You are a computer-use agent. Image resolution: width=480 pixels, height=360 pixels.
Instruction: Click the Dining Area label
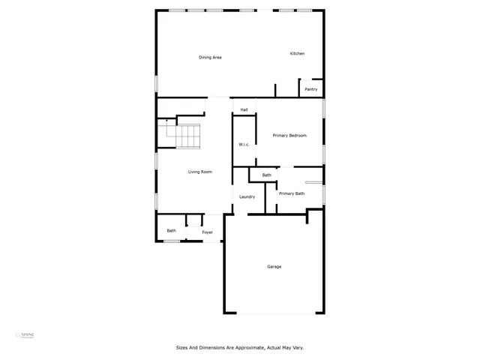(210, 57)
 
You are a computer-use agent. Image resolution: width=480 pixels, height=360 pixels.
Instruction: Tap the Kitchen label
(298, 53)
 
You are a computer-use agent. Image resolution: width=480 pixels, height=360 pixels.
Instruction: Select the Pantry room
(311, 89)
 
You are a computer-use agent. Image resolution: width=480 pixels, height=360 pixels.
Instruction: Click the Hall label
(244, 110)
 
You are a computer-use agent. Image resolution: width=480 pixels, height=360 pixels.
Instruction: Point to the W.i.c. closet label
(244, 144)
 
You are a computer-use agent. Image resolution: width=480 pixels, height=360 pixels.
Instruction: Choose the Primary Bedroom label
(289, 135)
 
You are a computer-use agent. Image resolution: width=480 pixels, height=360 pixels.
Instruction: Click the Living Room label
(199, 172)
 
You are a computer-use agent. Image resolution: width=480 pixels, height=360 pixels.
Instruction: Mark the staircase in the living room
(184, 137)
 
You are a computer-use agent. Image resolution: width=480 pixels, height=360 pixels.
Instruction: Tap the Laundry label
(247, 196)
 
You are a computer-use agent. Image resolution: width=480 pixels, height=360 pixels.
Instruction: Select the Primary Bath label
(292, 193)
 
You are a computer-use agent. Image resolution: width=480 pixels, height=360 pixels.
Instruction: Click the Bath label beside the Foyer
(171, 230)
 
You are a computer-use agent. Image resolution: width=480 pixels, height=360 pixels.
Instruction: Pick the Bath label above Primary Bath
(266, 175)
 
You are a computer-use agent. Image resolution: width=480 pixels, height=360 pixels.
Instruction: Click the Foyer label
(207, 232)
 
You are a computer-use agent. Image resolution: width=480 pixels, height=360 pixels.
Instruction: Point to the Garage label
(274, 266)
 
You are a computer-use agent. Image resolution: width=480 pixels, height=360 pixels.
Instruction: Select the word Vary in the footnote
(297, 347)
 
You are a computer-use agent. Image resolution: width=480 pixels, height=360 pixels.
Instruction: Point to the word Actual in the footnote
(268, 347)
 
